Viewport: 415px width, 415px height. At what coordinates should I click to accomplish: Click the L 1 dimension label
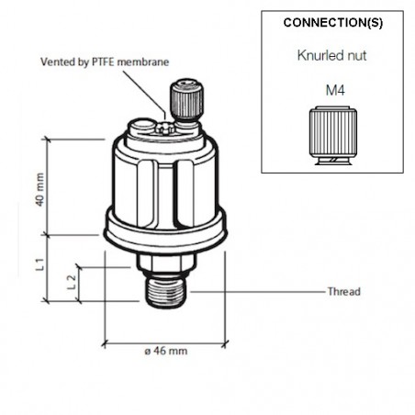coord(39,267)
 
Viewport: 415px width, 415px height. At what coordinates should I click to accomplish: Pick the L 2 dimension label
coord(72,282)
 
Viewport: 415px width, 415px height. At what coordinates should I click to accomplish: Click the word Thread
coord(344,292)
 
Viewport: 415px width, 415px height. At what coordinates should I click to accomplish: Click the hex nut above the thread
coord(166,264)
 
